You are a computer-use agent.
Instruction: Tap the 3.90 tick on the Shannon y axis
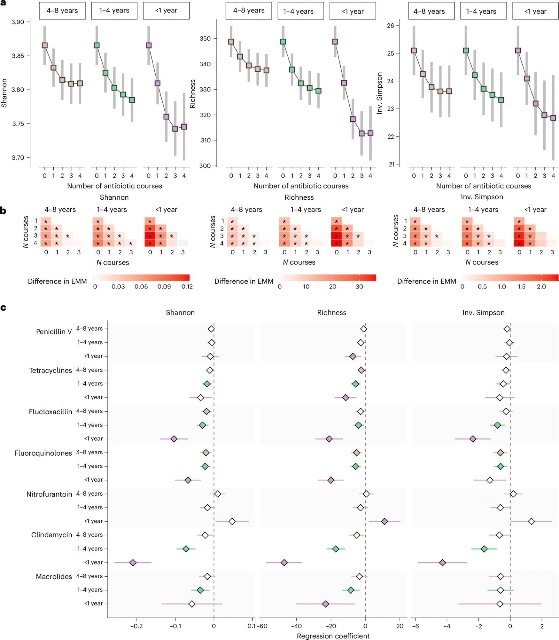pyautogui.click(x=18, y=22)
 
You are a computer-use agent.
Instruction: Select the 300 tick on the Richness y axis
pyautogui.click(x=205, y=166)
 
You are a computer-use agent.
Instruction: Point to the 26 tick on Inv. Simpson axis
pyautogui.click(x=390, y=26)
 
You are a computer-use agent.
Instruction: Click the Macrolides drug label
pyautogui.click(x=54, y=576)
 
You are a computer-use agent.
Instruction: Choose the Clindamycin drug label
pyautogui.click(x=51, y=535)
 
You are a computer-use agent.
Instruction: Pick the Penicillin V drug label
pyautogui.click(x=54, y=332)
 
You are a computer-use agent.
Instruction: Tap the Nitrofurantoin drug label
pyautogui.click(x=49, y=494)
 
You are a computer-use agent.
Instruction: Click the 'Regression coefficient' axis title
pyautogui.click(x=333, y=636)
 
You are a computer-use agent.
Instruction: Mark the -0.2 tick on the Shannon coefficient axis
pyautogui.click(x=136, y=626)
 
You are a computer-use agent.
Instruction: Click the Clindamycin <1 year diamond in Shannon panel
pyautogui.click(x=133, y=563)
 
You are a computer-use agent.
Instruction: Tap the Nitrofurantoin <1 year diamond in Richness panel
pyautogui.click(x=384, y=521)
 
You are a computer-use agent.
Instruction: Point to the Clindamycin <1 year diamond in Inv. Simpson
pyautogui.click(x=442, y=563)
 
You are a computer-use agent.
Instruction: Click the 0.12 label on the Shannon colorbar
pyautogui.click(x=187, y=286)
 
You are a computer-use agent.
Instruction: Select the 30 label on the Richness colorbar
pyautogui.click(x=359, y=286)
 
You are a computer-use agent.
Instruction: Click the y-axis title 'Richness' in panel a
pyautogui.click(x=192, y=94)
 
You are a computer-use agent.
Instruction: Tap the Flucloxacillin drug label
pyautogui.click(x=50, y=412)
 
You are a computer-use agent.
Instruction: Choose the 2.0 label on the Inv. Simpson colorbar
pyautogui.click(x=541, y=286)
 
